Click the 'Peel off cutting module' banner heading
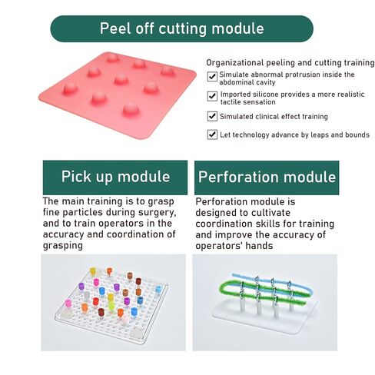coord(181,28)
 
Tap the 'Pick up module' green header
coord(115,178)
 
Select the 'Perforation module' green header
coord(267,178)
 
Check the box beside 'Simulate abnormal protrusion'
coord(212,76)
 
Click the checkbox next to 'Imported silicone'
coord(212,96)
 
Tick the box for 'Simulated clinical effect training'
coord(212,116)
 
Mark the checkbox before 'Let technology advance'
coord(212,134)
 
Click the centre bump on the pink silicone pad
coord(121,79)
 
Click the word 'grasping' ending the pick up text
coord(63,245)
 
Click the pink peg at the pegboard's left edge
coord(68,304)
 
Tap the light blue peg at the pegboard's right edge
coord(158,289)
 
